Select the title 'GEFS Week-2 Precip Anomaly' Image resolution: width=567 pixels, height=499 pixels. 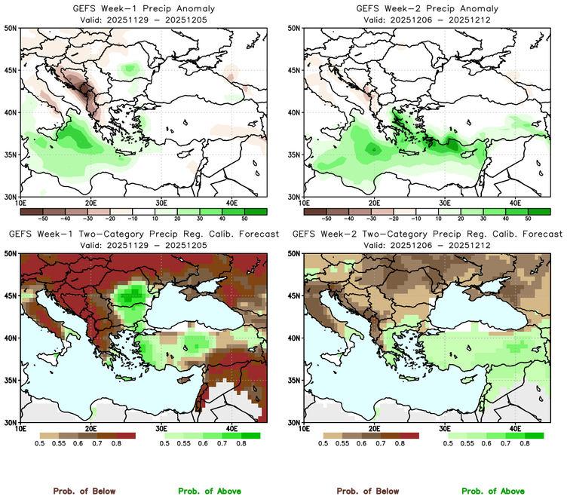click(x=425, y=8)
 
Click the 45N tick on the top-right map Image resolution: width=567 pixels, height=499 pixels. click(x=296, y=70)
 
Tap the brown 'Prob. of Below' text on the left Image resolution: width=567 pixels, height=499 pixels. click(x=84, y=491)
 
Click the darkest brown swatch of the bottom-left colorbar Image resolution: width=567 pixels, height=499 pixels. click(x=124, y=436)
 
